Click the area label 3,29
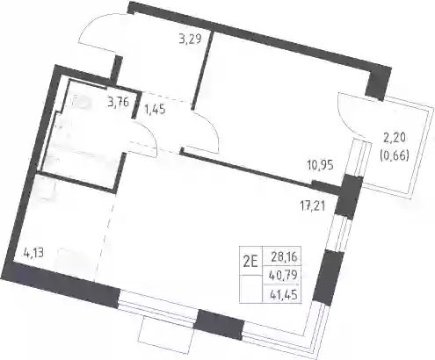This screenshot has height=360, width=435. click(190, 39)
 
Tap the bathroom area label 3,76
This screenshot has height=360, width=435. click(118, 103)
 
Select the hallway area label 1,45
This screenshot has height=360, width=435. click(155, 110)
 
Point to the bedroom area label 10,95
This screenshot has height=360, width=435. click(320, 166)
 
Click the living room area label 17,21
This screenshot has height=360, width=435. click(313, 206)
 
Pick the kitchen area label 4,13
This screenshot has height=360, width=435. click(33, 253)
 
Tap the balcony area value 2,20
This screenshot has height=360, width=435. click(394, 138)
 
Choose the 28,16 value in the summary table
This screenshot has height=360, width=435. click(284, 257)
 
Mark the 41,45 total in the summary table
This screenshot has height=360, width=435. click(284, 294)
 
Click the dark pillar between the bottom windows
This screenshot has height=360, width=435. click(219, 325)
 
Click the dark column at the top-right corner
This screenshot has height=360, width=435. click(378, 83)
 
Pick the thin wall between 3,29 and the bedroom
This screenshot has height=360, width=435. click(202, 70)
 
